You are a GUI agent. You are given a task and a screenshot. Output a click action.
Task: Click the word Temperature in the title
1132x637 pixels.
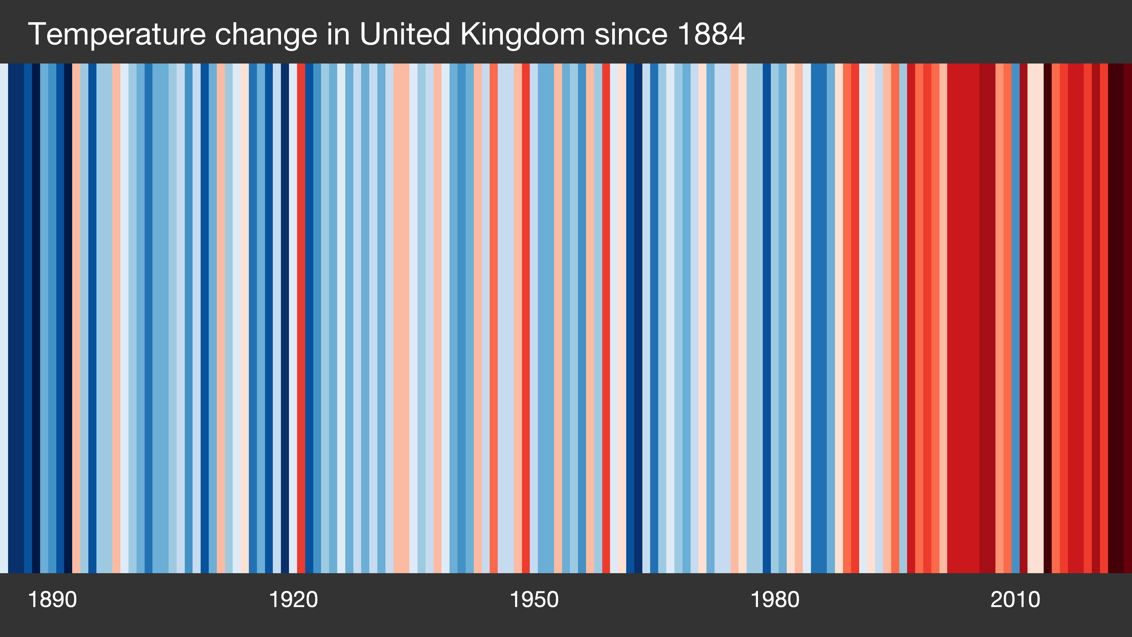point(116,34)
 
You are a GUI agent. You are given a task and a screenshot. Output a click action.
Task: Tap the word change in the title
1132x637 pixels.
point(266,34)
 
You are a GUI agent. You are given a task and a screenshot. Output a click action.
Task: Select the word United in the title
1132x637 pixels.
point(405,34)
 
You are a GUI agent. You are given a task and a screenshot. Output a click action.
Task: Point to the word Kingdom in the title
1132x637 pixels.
point(523,34)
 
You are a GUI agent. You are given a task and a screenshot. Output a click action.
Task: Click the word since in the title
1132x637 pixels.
point(631,34)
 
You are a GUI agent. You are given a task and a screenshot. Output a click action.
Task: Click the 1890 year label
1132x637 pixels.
point(52,600)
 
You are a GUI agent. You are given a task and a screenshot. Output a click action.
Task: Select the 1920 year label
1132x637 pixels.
point(293,600)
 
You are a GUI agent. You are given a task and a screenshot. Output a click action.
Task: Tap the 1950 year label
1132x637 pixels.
point(534,600)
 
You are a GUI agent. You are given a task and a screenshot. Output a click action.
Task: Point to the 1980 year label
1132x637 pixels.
point(775,600)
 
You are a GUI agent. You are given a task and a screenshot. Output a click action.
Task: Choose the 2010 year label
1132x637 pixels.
point(1015,600)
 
